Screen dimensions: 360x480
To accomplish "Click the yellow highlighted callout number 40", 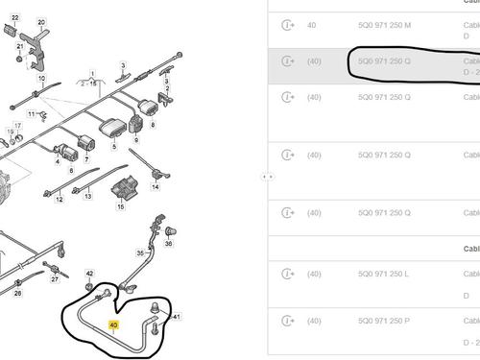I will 114,328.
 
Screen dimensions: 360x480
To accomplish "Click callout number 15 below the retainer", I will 121,205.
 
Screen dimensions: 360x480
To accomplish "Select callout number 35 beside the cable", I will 139,252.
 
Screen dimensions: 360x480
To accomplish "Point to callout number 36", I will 170,245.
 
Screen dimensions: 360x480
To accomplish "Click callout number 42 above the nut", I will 90,275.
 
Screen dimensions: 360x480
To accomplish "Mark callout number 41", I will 177,316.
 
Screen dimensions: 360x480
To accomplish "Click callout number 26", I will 17,295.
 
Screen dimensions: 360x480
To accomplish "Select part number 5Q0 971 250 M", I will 383,24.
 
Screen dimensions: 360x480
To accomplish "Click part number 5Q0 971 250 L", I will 382,274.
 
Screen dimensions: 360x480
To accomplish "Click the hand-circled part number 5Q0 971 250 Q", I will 383,61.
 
